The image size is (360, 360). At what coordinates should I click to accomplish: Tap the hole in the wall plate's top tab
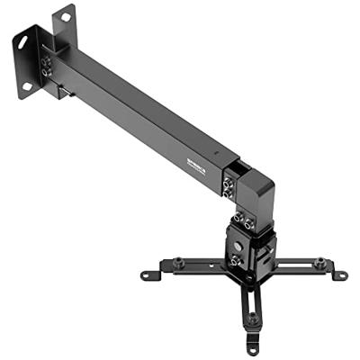[x=64, y=16]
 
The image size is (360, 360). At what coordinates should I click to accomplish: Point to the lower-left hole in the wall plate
[x=27, y=86]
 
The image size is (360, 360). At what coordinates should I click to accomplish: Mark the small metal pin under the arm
[x=61, y=92]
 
